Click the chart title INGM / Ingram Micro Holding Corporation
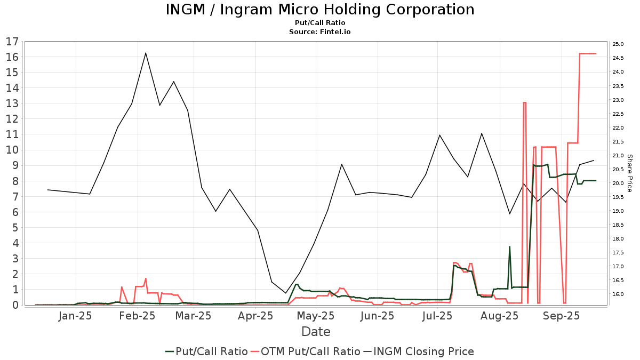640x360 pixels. (x=319, y=10)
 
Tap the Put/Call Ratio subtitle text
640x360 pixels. (x=319, y=23)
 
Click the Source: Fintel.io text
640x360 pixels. (x=319, y=31)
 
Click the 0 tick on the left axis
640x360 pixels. (x=15, y=305)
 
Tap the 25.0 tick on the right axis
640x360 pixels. (x=618, y=44)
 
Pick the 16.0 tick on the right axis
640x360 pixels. (x=618, y=294)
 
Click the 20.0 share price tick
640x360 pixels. (x=618, y=183)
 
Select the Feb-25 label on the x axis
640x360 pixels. (x=137, y=316)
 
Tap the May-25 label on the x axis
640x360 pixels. (x=316, y=316)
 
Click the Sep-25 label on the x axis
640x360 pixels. (x=562, y=316)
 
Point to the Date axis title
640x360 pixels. (x=316, y=332)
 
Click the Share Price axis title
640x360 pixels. (x=629, y=173)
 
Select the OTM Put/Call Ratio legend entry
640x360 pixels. (x=306, y=351)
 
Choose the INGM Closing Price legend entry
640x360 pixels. (x=419, y=351)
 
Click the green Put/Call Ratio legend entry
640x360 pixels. (x=206, y=351)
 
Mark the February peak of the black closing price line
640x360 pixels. (x=146, y=53)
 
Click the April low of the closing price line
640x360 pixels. (x=285, y=293)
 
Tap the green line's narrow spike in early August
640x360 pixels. (x=509, y=247)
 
